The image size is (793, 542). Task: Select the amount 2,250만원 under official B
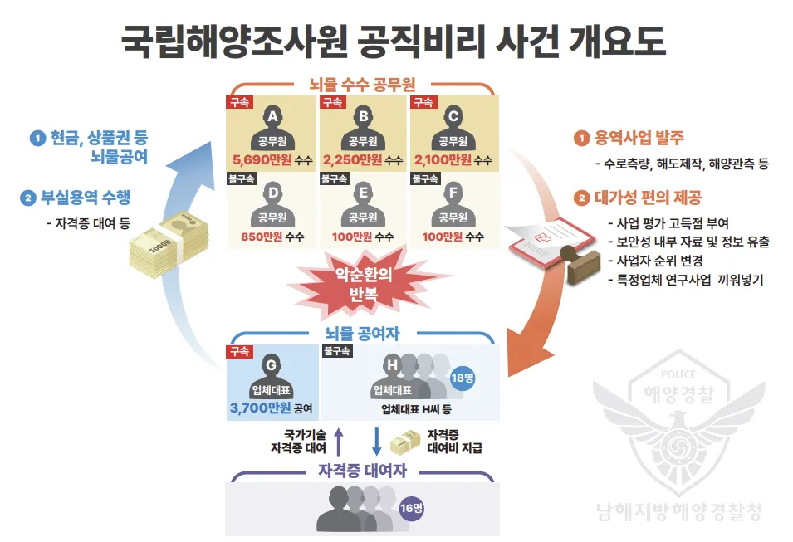352,159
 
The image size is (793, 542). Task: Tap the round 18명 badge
461,378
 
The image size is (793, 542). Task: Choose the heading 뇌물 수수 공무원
362,84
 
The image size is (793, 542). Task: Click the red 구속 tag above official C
423,102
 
